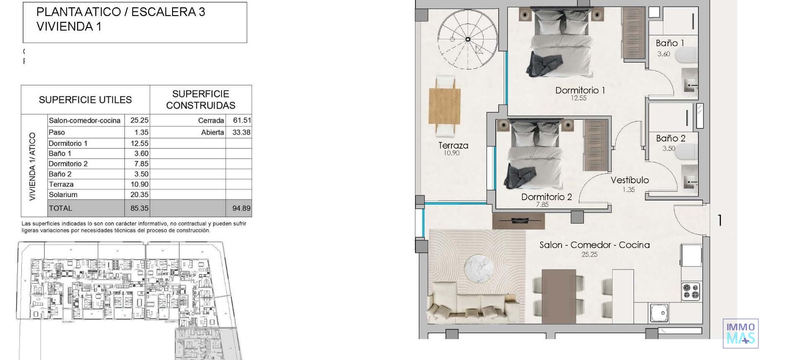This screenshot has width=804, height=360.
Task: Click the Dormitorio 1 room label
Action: [580, 90]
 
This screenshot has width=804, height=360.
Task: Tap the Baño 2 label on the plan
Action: [670, 139]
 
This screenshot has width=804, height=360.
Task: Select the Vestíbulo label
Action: [629, 180]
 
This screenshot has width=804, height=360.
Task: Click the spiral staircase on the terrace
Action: [468, 39]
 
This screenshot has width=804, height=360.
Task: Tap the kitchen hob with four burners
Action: [690, 291]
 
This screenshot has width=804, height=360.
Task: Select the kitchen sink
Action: [659, 312]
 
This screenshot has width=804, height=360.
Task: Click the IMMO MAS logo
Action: [740, 333]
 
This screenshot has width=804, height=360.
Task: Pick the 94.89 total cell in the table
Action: [241, 208]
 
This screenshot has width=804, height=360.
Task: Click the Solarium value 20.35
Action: [139, 195]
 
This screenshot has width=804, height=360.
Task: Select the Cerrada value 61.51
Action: [242, 121]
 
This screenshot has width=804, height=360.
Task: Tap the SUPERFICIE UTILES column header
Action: [85, 100]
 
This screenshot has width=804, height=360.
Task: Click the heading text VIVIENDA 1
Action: [69, 26]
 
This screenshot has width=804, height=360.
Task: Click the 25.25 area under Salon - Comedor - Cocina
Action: [589, 255]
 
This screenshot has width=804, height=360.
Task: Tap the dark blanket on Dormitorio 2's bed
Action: [519, 176]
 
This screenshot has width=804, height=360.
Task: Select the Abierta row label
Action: [212, 132]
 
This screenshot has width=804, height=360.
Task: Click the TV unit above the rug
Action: [518, 221]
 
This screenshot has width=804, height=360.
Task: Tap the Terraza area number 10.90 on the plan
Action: [451, 153]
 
